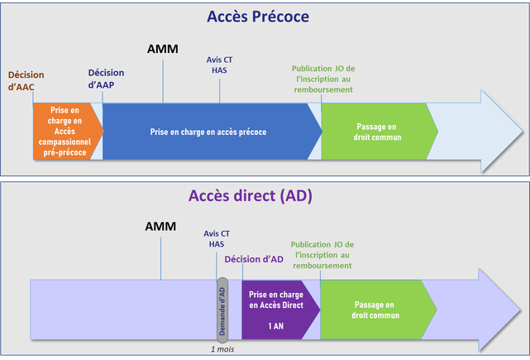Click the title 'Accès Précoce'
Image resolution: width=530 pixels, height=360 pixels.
265,17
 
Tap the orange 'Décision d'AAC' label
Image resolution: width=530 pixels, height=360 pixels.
26,81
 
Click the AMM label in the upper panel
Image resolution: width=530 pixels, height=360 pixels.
162,49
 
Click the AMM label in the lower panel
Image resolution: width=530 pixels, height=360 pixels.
160,226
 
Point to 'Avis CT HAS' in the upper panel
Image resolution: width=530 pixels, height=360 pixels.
219,65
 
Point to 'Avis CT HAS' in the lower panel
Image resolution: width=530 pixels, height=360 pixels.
217,239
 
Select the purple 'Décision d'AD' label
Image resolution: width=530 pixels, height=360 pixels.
254,259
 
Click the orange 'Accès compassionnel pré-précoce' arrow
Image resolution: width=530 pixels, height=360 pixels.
66,131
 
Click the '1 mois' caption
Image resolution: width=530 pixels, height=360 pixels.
222,348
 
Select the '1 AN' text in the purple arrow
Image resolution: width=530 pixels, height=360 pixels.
277,326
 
